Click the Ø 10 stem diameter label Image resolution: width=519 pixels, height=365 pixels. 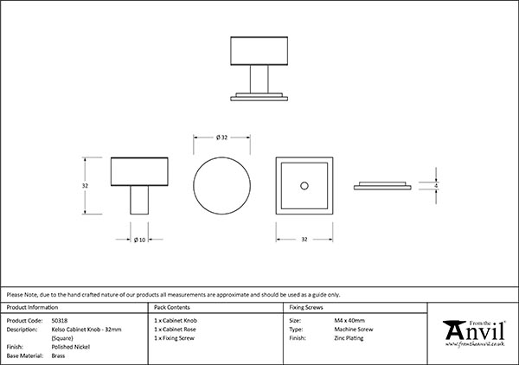tap(138, 239)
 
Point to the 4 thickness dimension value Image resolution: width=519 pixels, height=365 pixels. tap(438, 186)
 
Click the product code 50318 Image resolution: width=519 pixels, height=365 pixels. tap(61, 320)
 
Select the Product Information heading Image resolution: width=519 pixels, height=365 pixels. tap(32, 307)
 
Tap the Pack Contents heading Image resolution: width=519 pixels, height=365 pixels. tap(171, 307)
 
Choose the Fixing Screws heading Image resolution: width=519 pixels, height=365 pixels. tap(306, 307)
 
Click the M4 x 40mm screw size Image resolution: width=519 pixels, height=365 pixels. tap(349, 320)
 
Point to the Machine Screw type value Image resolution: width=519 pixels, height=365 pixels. tap(351, 330)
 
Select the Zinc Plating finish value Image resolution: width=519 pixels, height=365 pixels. tap(349, 339)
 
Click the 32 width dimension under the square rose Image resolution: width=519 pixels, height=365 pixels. tap(304, 239)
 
